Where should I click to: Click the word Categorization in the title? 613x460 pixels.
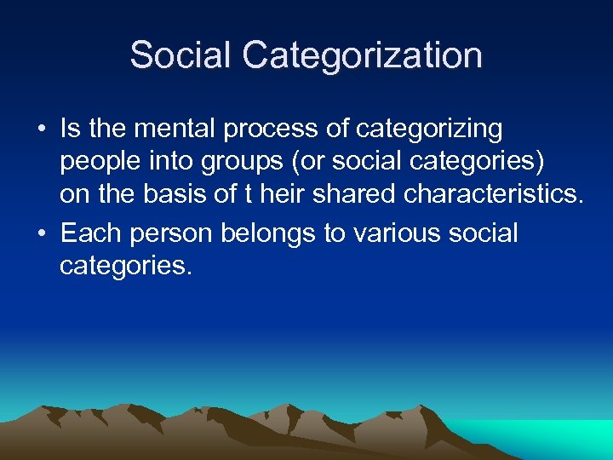pos(362,56)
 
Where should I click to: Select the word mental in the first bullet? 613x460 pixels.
pos(173,129)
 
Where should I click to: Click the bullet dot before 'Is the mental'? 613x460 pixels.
pos(42,130)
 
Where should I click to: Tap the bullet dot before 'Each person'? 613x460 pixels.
pos(42,233)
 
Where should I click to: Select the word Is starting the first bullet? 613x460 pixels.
pos(69,129)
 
